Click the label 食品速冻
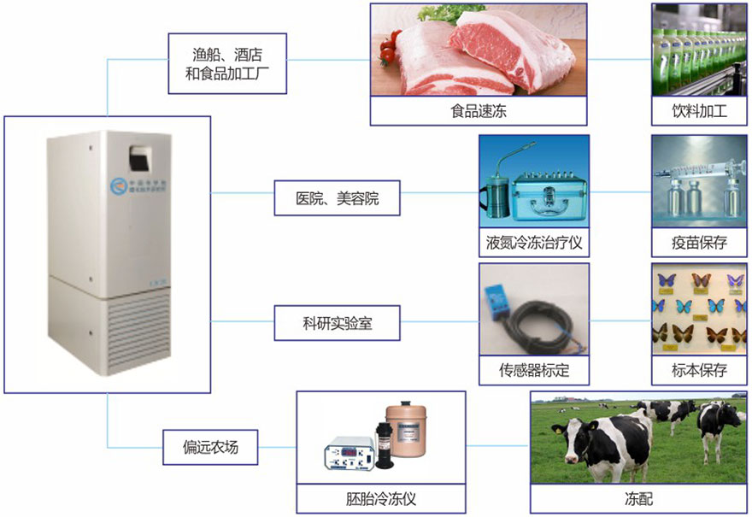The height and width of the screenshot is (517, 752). click(479, 111)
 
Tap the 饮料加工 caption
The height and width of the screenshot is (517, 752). click(700, 111)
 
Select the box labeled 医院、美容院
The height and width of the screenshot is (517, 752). click(337, 198)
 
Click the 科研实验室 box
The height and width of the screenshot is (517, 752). click(337, 324)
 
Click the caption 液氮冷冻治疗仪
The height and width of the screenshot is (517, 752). click(533, 242)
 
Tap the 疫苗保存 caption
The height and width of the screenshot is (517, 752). click(700, 242)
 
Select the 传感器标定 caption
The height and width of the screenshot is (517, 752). click(533, 371)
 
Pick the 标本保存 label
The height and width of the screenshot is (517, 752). click(700, 371)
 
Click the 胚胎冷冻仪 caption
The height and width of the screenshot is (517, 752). click(381, 499)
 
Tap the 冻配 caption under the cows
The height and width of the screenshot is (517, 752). click(637, 499)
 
